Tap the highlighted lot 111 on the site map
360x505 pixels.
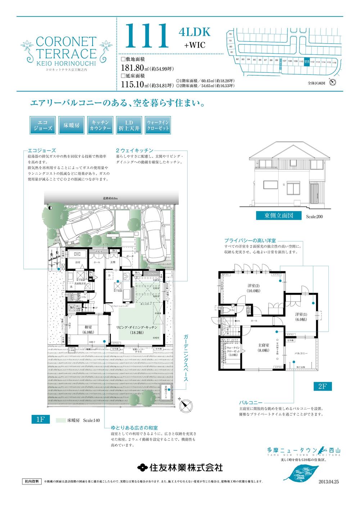click(x=306, y=62)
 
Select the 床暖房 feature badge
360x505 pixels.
click(x=72, y=125)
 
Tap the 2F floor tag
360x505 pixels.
click(x=322, y=386)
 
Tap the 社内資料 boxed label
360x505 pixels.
click(x=32, y=481)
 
